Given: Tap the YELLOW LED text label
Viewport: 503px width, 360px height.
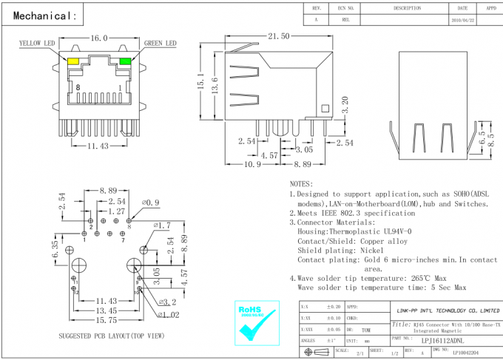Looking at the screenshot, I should pyautogui.click(x=37, y=44).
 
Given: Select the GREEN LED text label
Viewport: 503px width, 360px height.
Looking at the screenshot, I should pyautogui.click(x=160, y=44).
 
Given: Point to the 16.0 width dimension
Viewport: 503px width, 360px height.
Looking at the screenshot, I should pyautogui.click(x=99, y=38).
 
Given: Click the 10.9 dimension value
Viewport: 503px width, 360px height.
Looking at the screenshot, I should pyautogui.click(x=252, y=164).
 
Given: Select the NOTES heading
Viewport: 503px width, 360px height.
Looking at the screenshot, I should pyautogui.click(x=302, y=183).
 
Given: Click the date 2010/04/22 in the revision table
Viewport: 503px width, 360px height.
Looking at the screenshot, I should pyautogui.click(x=462, y=21).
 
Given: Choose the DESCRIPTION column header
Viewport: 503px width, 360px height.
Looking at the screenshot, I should pyautogui.click(x=407, y=7).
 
